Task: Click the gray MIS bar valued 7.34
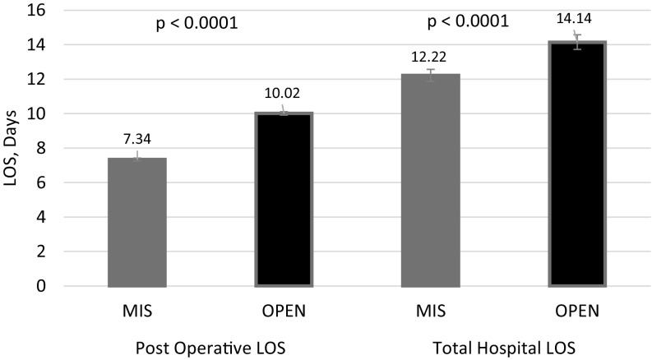(x=136, y=222)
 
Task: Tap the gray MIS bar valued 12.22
(x=429, y=180)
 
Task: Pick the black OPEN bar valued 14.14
(x=576, y=164)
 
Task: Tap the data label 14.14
(x=576, y=18)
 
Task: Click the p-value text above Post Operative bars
(x=197, y=23)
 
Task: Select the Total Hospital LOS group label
(x=502, y=347)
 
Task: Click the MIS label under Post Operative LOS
(x=136, y=312)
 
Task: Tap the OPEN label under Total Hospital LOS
(x=576, y=312)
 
